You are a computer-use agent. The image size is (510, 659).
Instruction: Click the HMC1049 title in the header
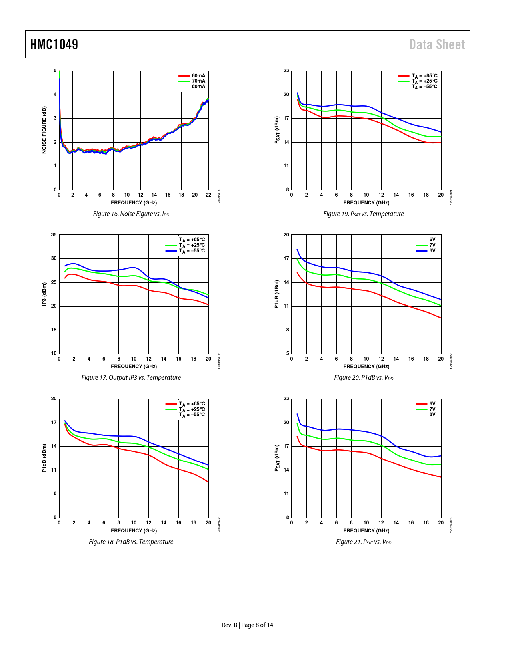point(54,44)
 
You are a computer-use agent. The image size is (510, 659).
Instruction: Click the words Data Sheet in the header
point(437,44)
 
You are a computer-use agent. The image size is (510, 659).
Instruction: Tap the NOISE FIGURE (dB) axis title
point(44,130)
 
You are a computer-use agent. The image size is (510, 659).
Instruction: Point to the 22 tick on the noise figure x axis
point(208,195)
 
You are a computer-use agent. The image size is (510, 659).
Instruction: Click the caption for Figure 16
point(131,214)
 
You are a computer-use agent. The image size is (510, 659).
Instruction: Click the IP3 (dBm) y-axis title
point(44,294)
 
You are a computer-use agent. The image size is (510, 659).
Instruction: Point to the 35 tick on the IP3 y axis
point(54,235)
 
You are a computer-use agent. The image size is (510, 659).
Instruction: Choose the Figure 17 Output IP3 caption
point(131,378)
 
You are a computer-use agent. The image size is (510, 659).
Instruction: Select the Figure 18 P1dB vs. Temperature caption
point(131,542)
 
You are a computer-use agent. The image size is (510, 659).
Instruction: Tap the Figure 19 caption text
point(364,214)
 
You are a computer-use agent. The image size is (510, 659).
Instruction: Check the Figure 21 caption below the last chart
point(364,542)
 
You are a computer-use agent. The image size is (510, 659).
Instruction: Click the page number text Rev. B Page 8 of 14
point(247,625)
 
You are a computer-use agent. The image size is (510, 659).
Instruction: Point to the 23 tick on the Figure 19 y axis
point(286,71)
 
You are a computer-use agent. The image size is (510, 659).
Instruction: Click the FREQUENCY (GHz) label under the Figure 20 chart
point(366,367)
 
